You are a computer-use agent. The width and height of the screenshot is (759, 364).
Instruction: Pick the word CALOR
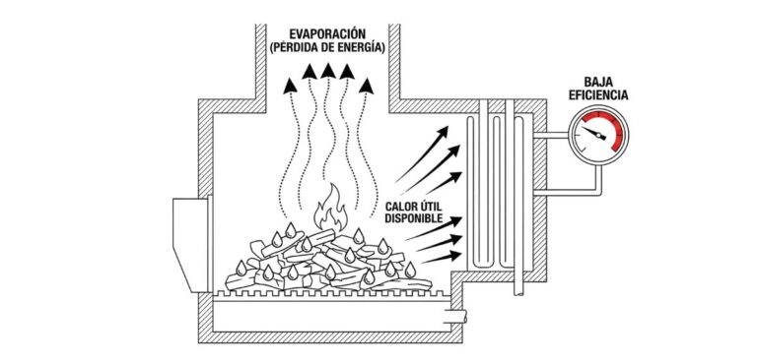(x=406, y=205)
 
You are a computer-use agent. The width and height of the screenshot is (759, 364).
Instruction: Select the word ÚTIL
(x=441, y=205)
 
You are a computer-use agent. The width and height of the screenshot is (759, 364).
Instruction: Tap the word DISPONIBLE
(x=421, y=217)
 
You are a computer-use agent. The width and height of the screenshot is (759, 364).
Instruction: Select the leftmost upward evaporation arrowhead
(x=288, y=86)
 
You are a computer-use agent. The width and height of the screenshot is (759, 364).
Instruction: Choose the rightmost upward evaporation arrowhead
(x=368, y=86)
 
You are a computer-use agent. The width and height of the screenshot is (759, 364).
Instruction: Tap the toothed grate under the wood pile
(x=325, y=292)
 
